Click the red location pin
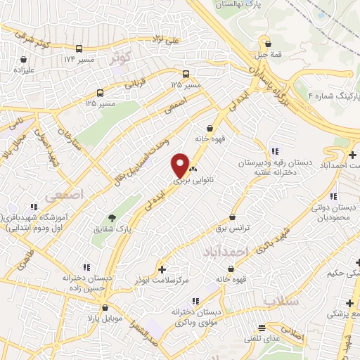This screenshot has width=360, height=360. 181,166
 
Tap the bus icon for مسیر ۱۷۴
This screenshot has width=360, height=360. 79,49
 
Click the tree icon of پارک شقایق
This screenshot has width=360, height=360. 110,217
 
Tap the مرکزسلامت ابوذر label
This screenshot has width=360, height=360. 162,281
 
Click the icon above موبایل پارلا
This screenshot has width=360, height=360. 104,308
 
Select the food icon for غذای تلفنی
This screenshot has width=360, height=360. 262,328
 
